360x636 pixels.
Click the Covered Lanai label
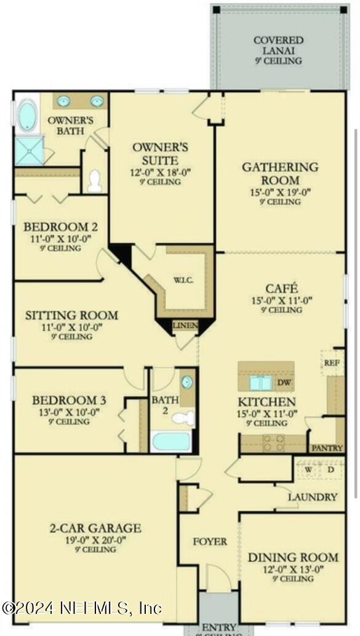(x=278, y=45)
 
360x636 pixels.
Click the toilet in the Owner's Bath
(x=94, y=181)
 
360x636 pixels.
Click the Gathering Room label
(x=280, y=173)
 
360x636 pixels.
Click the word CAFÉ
(x=281, y=288)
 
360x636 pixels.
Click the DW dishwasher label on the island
(x=284, y=383)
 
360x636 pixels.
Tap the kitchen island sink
(x=260, y=383)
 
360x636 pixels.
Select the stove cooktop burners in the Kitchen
(x=273, y=442)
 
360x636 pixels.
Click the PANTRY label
(x=327, y=448)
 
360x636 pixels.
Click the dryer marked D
(x=331, y=471)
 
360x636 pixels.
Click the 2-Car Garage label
(x=95, y=528)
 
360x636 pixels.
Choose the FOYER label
(x=210, y=542)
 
